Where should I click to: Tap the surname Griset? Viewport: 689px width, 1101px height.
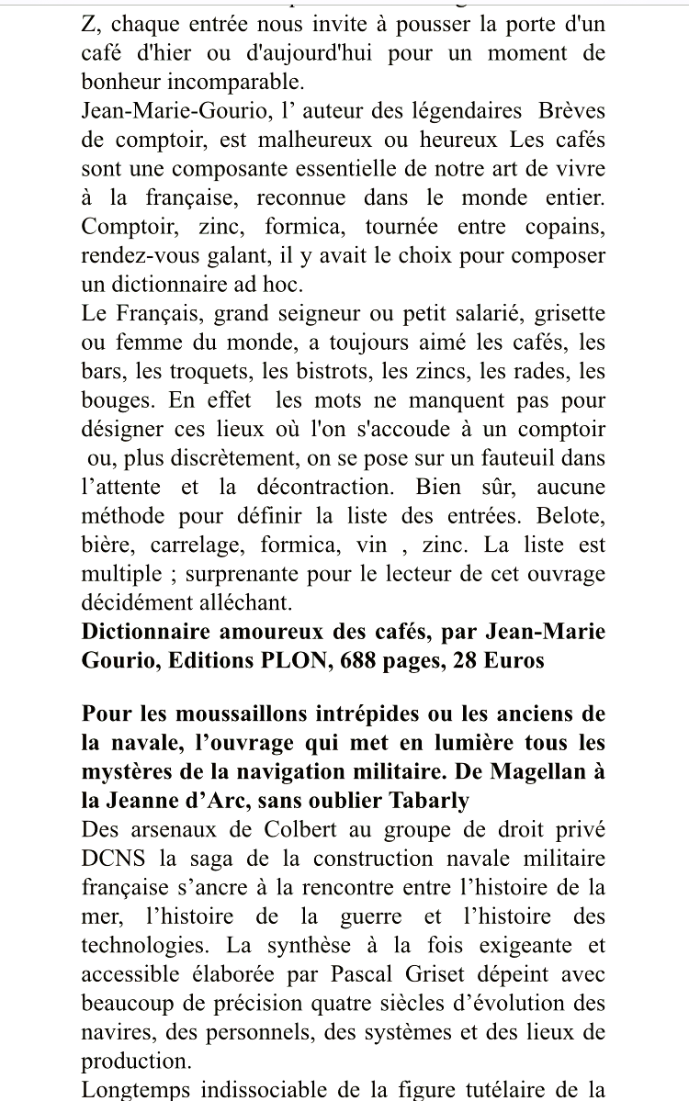pos(408,973)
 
